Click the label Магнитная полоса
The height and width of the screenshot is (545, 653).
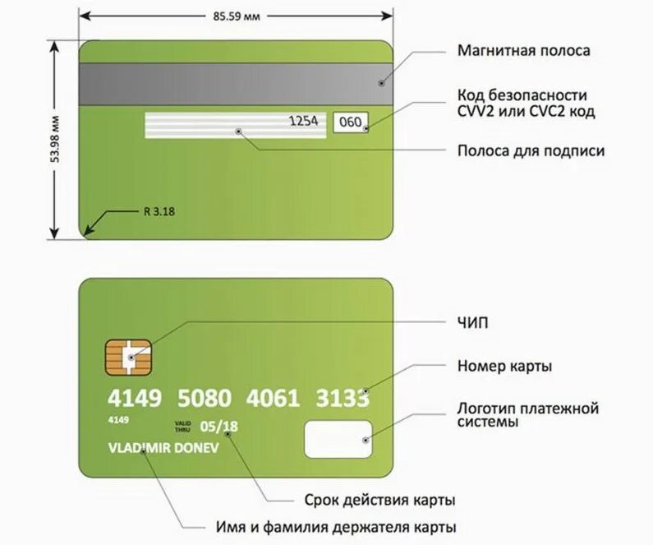(523, 51)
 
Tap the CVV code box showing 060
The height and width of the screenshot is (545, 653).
(351, 122)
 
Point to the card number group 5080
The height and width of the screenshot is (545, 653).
(205, 399)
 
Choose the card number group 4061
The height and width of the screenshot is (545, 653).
(273, 399)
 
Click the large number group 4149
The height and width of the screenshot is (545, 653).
(135, 399)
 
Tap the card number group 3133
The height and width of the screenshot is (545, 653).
(342, 399)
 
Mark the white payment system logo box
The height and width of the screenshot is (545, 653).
(338, 439)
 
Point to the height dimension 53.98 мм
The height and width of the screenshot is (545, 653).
(55, 140)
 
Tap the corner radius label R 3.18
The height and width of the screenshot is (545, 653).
(159, 211)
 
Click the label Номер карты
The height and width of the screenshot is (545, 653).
(504, 365)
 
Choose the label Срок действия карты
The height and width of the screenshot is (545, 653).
(368, 500)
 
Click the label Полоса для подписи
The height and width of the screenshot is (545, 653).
(531, 151)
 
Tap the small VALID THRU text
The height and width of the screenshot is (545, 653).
(182, 426)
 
